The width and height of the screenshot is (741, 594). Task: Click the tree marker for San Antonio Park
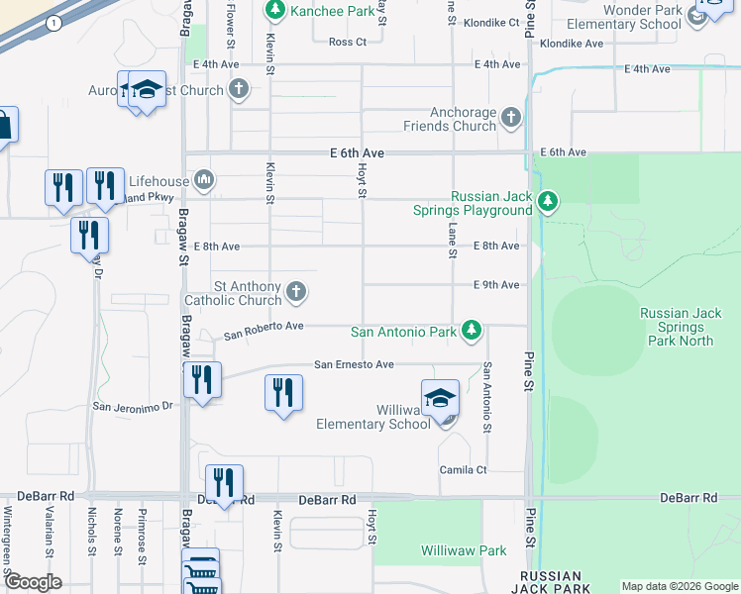click(474, 332)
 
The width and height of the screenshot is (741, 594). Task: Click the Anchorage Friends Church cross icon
click(511, 119)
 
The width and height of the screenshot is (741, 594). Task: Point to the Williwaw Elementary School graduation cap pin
click(440, 399)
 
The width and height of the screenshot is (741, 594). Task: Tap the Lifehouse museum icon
click(205, 179)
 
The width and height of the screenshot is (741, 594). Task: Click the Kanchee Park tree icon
click(274, 11)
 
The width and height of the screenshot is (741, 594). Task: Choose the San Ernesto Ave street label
click(355, 364)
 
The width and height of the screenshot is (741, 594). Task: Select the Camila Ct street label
click(465, 469)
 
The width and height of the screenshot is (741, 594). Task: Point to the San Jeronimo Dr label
click(133, 406)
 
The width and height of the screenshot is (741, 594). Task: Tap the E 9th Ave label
click(496, 285)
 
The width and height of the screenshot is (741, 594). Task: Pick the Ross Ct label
click(348, 42)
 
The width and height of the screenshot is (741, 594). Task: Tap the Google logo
click(33, 582)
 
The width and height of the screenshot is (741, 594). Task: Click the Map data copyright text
click(680, 586)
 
